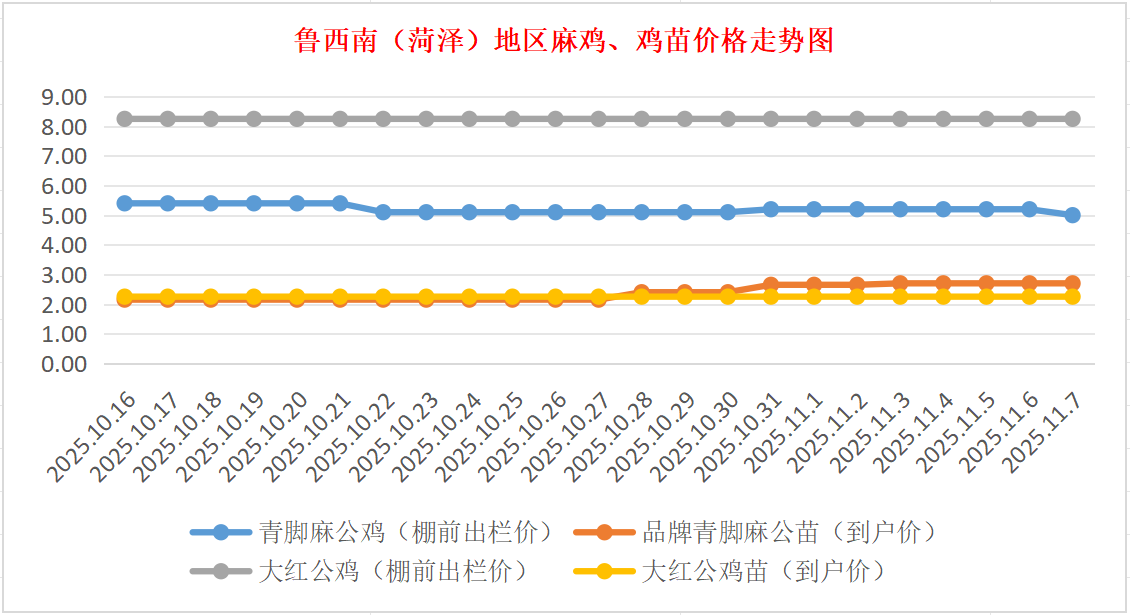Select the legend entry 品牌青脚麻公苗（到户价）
(x=791, y=532)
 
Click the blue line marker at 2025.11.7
(x=1072, y=215)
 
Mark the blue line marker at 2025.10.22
(x=383, y=212)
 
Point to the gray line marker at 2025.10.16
(x=125, y=118)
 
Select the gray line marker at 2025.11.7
(x=1072, y=118)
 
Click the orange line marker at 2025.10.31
(x=771, y=285)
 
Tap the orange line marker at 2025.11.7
(x=1072, y=283)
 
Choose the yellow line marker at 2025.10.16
(x=125, y=297)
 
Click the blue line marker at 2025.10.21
(x=340, y=203)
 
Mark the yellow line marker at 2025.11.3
(x=900, y=297)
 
